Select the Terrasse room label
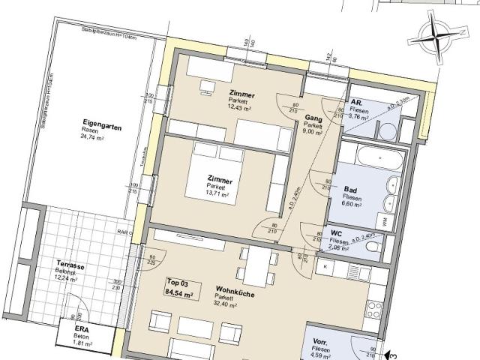click(x=70, y=265)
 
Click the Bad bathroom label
click(x=349, y=190)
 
